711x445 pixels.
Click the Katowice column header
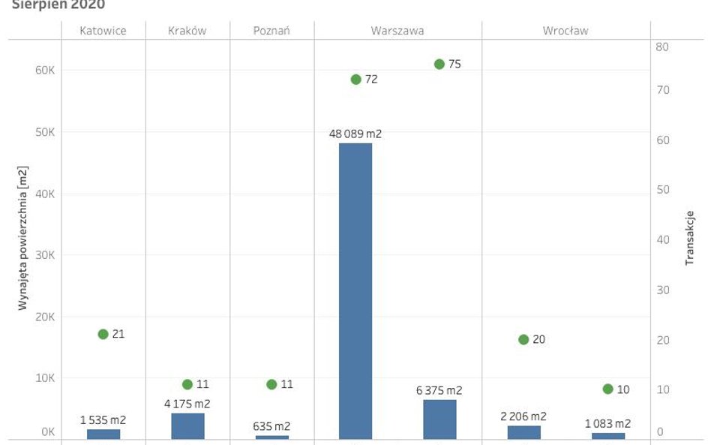103,31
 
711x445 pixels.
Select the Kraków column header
187,31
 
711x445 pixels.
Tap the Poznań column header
271,31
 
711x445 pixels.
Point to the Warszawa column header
397,31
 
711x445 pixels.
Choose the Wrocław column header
565,31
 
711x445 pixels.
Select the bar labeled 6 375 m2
439,419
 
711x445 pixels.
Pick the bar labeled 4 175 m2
187,426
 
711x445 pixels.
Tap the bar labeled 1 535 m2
103,434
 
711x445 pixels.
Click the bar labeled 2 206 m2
523,432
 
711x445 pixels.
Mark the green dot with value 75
439,64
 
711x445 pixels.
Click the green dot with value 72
355,79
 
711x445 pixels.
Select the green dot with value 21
103,334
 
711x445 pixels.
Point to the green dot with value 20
523,339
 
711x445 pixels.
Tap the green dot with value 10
607,389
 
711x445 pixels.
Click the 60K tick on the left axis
46,71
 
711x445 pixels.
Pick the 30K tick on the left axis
46,255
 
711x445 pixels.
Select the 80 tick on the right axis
661,47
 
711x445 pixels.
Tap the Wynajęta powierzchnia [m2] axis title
22,239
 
